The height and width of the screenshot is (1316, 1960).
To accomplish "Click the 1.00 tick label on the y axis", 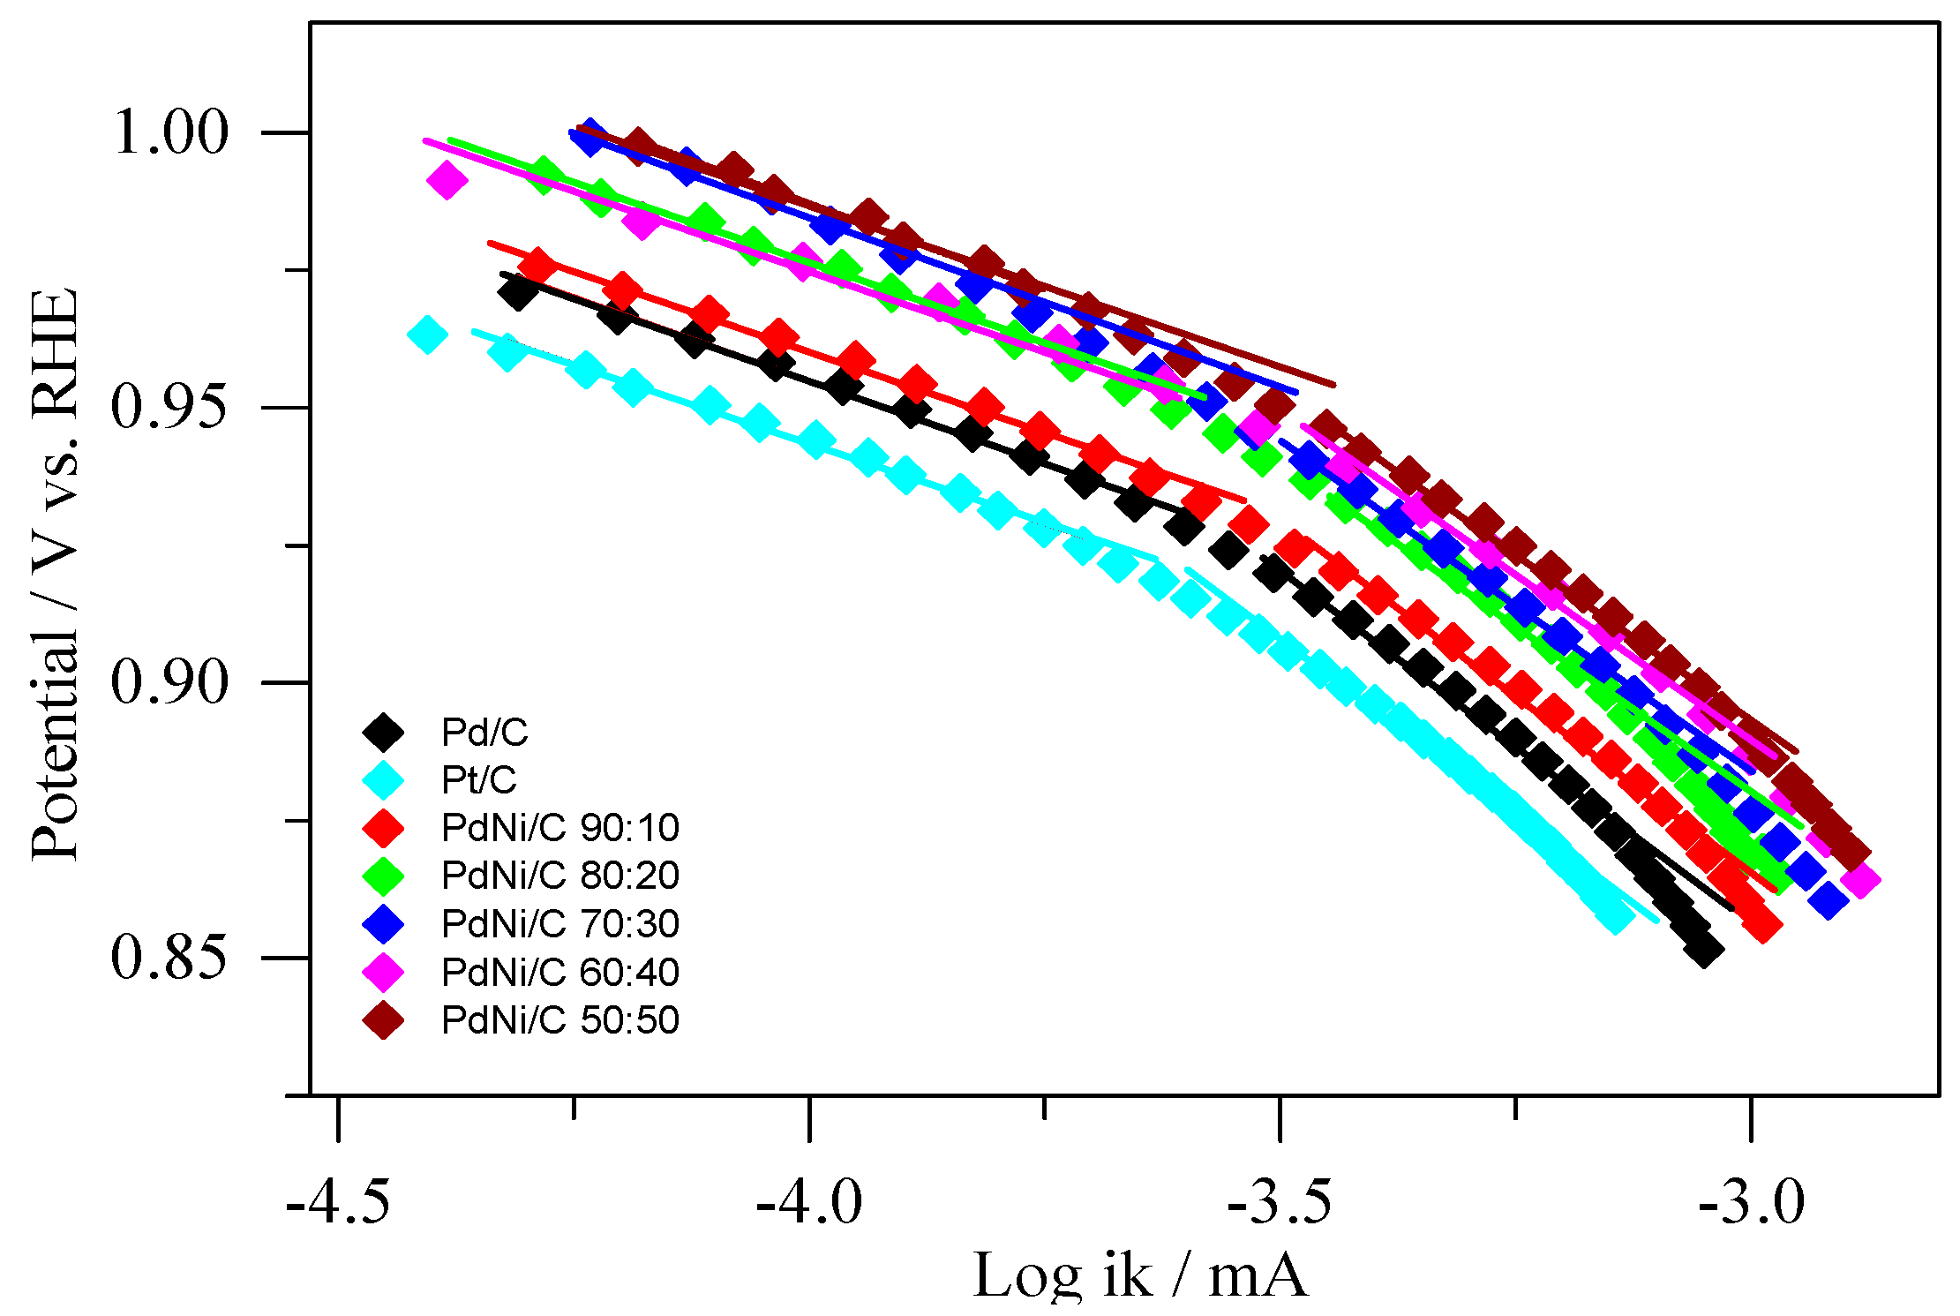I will tap(170, 133).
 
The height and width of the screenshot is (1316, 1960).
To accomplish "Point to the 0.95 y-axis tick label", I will tap(170, 408).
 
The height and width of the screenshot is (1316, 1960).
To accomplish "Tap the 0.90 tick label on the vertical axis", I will tap(170, 682).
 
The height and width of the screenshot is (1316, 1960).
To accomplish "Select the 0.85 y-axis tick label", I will tap(170, 957).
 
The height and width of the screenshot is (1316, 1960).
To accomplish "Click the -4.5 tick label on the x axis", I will tap(339, 1201).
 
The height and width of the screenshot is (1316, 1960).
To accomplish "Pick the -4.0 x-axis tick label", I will tap(809, 1201).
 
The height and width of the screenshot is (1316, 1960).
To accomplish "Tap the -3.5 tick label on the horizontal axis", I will tap(1280, 1201).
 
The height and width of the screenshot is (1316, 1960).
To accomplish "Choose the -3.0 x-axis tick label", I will tap(1752, 1201).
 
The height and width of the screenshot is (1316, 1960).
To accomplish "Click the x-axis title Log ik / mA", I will tap(1139, 1275).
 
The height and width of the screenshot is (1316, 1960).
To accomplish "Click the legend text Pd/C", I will tap(484, 732).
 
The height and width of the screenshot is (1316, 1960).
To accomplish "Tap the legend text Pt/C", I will tap(478, 779).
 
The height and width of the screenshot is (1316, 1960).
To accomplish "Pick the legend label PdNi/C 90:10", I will tap(559, 827).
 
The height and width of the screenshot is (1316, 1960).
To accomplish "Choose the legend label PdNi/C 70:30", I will tap(559, 923).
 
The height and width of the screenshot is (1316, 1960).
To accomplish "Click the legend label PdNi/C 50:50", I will tap(559, 1019).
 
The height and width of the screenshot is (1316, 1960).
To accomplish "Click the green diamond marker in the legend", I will tap(383, 876).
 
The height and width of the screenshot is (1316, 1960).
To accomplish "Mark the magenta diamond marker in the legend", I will tap(383, 972).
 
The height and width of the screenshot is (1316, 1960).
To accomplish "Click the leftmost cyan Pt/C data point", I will tap(428, 335).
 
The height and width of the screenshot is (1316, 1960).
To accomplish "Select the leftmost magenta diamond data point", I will tap(447, 180).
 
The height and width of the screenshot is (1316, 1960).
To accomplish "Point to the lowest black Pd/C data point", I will tap(1703, 951).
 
